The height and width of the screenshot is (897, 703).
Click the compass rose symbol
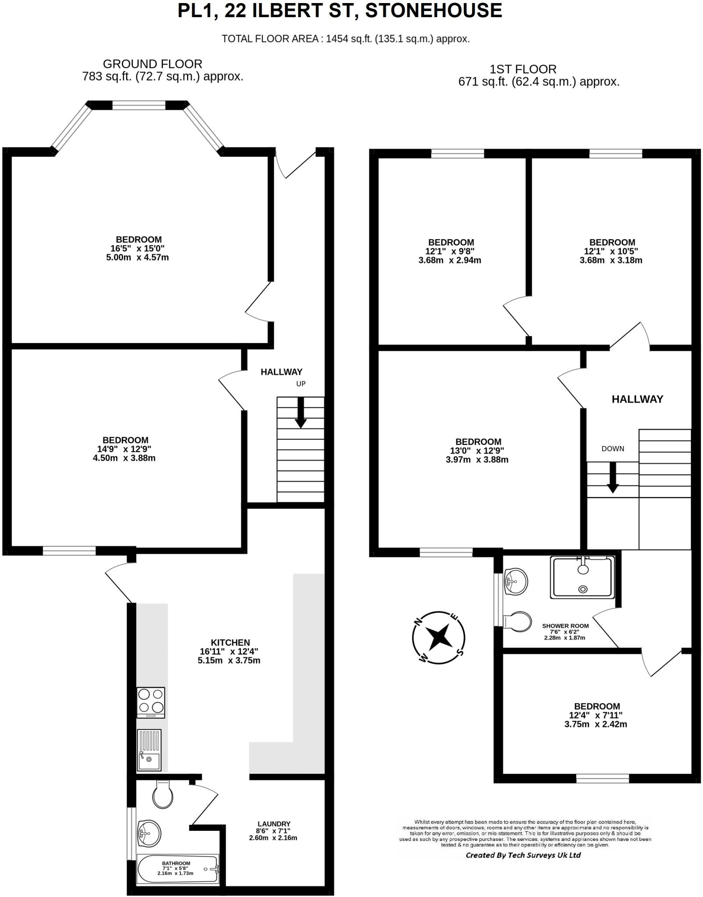(x=438, y=637)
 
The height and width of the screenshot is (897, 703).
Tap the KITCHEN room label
(x=230, y=643)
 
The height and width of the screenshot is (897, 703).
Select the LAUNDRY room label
(x=274, y=823)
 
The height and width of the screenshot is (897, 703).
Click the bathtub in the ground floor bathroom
(x=177, y=869)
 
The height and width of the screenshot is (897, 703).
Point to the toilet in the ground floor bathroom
(x=163, y=795)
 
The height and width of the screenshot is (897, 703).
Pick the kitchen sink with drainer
(x=149, y=750)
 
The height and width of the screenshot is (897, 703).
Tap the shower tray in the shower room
(x=583, y=577)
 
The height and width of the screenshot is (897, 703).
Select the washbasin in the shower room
(x=516, y=582)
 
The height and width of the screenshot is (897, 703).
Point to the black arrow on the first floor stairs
(x=612, y=477)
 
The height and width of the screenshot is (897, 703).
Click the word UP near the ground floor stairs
(x=301, y=384)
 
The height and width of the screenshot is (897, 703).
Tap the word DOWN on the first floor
(x=613, y=448)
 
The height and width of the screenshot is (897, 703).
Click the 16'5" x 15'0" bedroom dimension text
(x=137, y=248)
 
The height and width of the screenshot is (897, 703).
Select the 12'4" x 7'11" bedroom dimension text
(x=596, y=715)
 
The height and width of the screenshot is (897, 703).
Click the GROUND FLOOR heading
(x=152, y=64)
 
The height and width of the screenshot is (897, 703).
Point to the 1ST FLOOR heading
(x=523, y=69)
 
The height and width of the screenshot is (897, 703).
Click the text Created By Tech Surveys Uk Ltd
(x=523, y=855)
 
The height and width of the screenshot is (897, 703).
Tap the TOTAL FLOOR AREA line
(x=346, y=39)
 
